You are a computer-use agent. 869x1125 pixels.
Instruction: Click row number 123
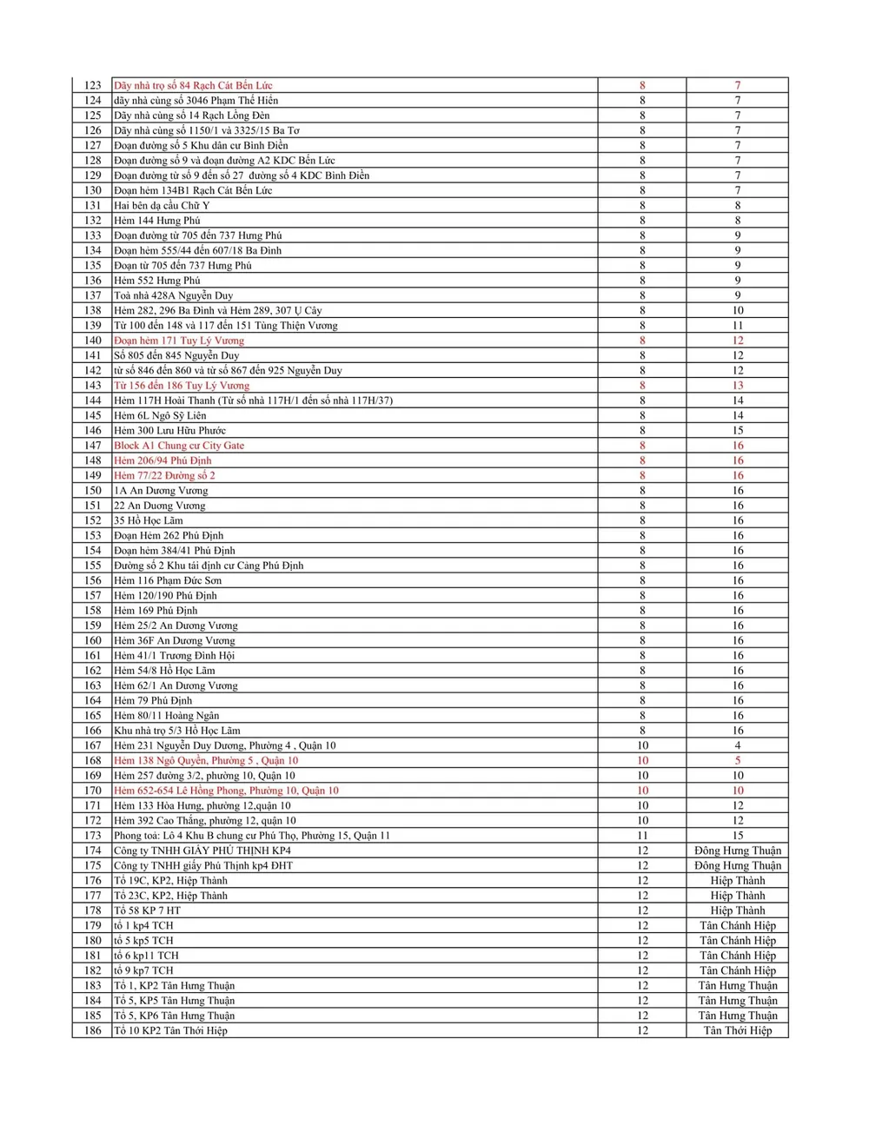pyautogui.click(x=93, y=85)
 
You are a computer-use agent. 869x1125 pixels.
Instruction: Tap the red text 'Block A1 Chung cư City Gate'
pyautogui.click(x=179, y=446)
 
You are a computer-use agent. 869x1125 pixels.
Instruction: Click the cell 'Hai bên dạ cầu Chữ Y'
pyautogui.click(x=162, y=206)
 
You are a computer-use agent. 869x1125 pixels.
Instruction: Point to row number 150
pyautogui.click(x=93, y=491)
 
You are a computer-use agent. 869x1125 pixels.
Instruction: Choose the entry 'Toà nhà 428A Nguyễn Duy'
pyautogui.click(x=173, y=295)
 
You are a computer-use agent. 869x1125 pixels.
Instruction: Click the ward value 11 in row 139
pyautogui.click(x=737, y=326)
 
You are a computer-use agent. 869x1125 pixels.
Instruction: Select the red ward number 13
pyautogui.click(x=737, y=386)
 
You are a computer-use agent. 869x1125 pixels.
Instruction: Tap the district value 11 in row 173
pyautogui.click(x=642, y=836)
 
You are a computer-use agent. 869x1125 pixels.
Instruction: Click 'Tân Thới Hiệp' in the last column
pyautogui.click(x=737, y=1030)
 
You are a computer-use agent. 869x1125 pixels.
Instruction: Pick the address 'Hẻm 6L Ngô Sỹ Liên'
pyautogui.click(x=162, y=415)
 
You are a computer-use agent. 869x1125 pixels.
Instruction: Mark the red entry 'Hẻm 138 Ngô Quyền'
pyautogui.click(x=206, y=760)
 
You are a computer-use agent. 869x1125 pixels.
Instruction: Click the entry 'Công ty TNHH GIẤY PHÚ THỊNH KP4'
pyautogui.click(x=202, y=850)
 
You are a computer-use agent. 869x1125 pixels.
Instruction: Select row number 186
pyautogui.click(x=93, y=1030)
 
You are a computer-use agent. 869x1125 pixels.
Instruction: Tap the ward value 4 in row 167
pyautogui.click(x=737, y=745)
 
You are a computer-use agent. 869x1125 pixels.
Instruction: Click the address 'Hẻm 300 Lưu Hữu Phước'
pyautogui.click(x=169, y=431)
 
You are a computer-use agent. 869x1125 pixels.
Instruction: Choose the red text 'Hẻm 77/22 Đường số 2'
pyautogui.click(x=164, y=475)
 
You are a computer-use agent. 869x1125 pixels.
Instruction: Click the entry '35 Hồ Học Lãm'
pyautogui.click(x=149, y=520)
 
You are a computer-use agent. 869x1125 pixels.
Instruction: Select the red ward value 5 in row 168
pyautogui.click(x=737, y=760)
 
